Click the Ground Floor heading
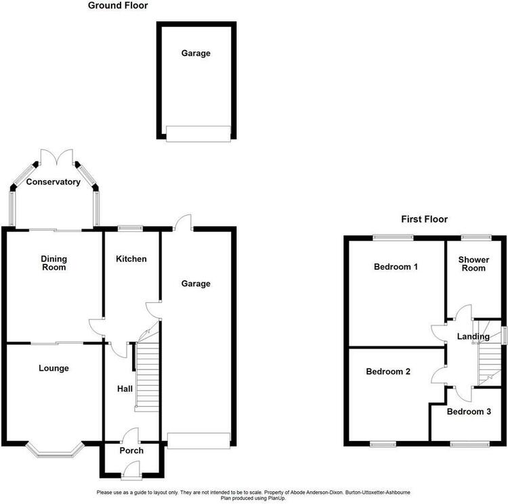(x=118, y=5)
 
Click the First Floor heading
(x=425, y=219)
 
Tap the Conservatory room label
(x=54, y=182)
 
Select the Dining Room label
(x=54, y=263)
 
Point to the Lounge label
(x=54, y=368)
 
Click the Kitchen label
(x=131, y=259)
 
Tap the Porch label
(x=131, y=451)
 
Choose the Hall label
(x=125, y=389)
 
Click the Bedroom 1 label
(x=396, y=267)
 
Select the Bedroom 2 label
(x=388, y=371)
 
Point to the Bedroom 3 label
(x=469, y=411)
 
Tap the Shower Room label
(x=473, y=264)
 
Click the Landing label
(x=473, y=337)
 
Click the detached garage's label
(x=196, y=53)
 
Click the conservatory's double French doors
(x=57, y=158)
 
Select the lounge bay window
(x=55, y=451)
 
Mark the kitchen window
(x=130, y=229)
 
